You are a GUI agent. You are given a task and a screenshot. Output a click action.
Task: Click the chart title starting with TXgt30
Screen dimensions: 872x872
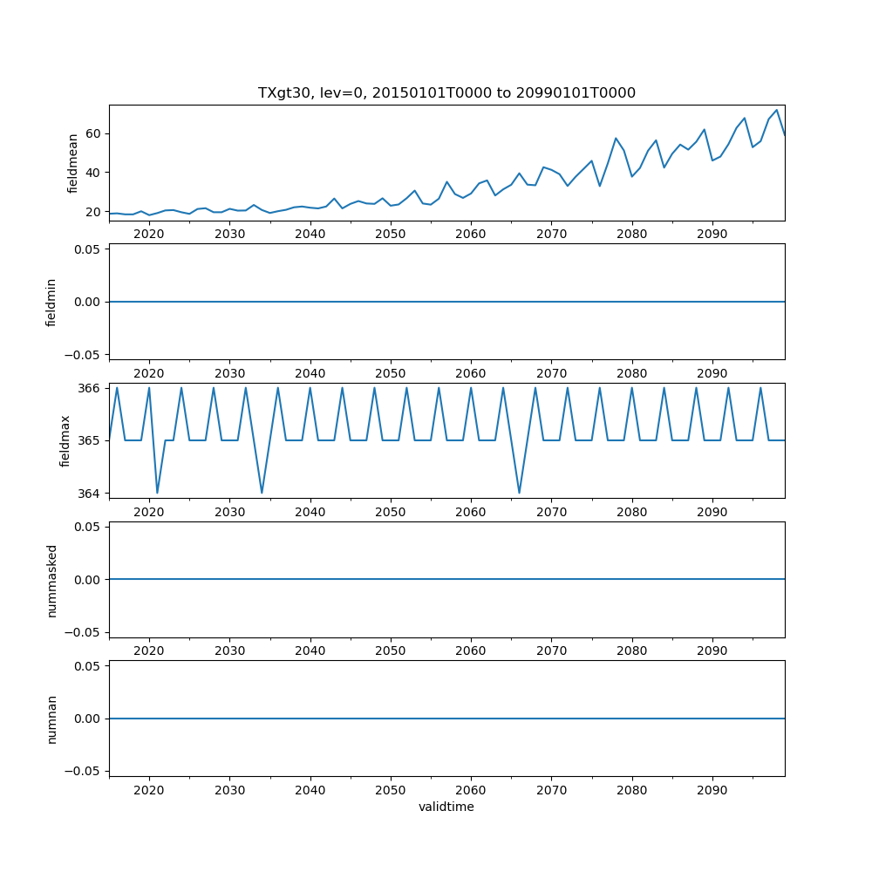446,92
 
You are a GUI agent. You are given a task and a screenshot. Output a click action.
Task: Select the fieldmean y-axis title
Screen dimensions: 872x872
73,163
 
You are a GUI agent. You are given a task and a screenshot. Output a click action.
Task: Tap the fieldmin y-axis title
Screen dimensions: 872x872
51,302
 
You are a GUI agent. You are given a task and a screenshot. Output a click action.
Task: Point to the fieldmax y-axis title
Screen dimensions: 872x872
65,440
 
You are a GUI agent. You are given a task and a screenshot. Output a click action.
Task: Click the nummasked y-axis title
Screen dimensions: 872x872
51,580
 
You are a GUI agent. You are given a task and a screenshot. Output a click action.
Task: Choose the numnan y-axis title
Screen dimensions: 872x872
51,719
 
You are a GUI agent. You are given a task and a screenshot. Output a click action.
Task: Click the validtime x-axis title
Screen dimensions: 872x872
446,807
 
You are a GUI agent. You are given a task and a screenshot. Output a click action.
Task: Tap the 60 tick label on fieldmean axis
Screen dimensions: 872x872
92,133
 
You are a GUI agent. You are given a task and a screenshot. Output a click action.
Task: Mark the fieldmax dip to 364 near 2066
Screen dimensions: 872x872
520,493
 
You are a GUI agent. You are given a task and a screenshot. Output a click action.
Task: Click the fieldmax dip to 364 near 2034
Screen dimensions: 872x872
262,493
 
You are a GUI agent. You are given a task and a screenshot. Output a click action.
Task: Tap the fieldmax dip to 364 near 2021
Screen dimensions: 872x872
157,493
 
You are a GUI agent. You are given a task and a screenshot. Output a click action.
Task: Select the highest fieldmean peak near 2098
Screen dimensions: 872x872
776,110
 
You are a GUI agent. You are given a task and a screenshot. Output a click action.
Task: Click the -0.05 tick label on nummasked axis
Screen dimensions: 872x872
85,632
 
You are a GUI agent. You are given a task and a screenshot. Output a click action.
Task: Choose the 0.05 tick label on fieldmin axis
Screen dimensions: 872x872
88,249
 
